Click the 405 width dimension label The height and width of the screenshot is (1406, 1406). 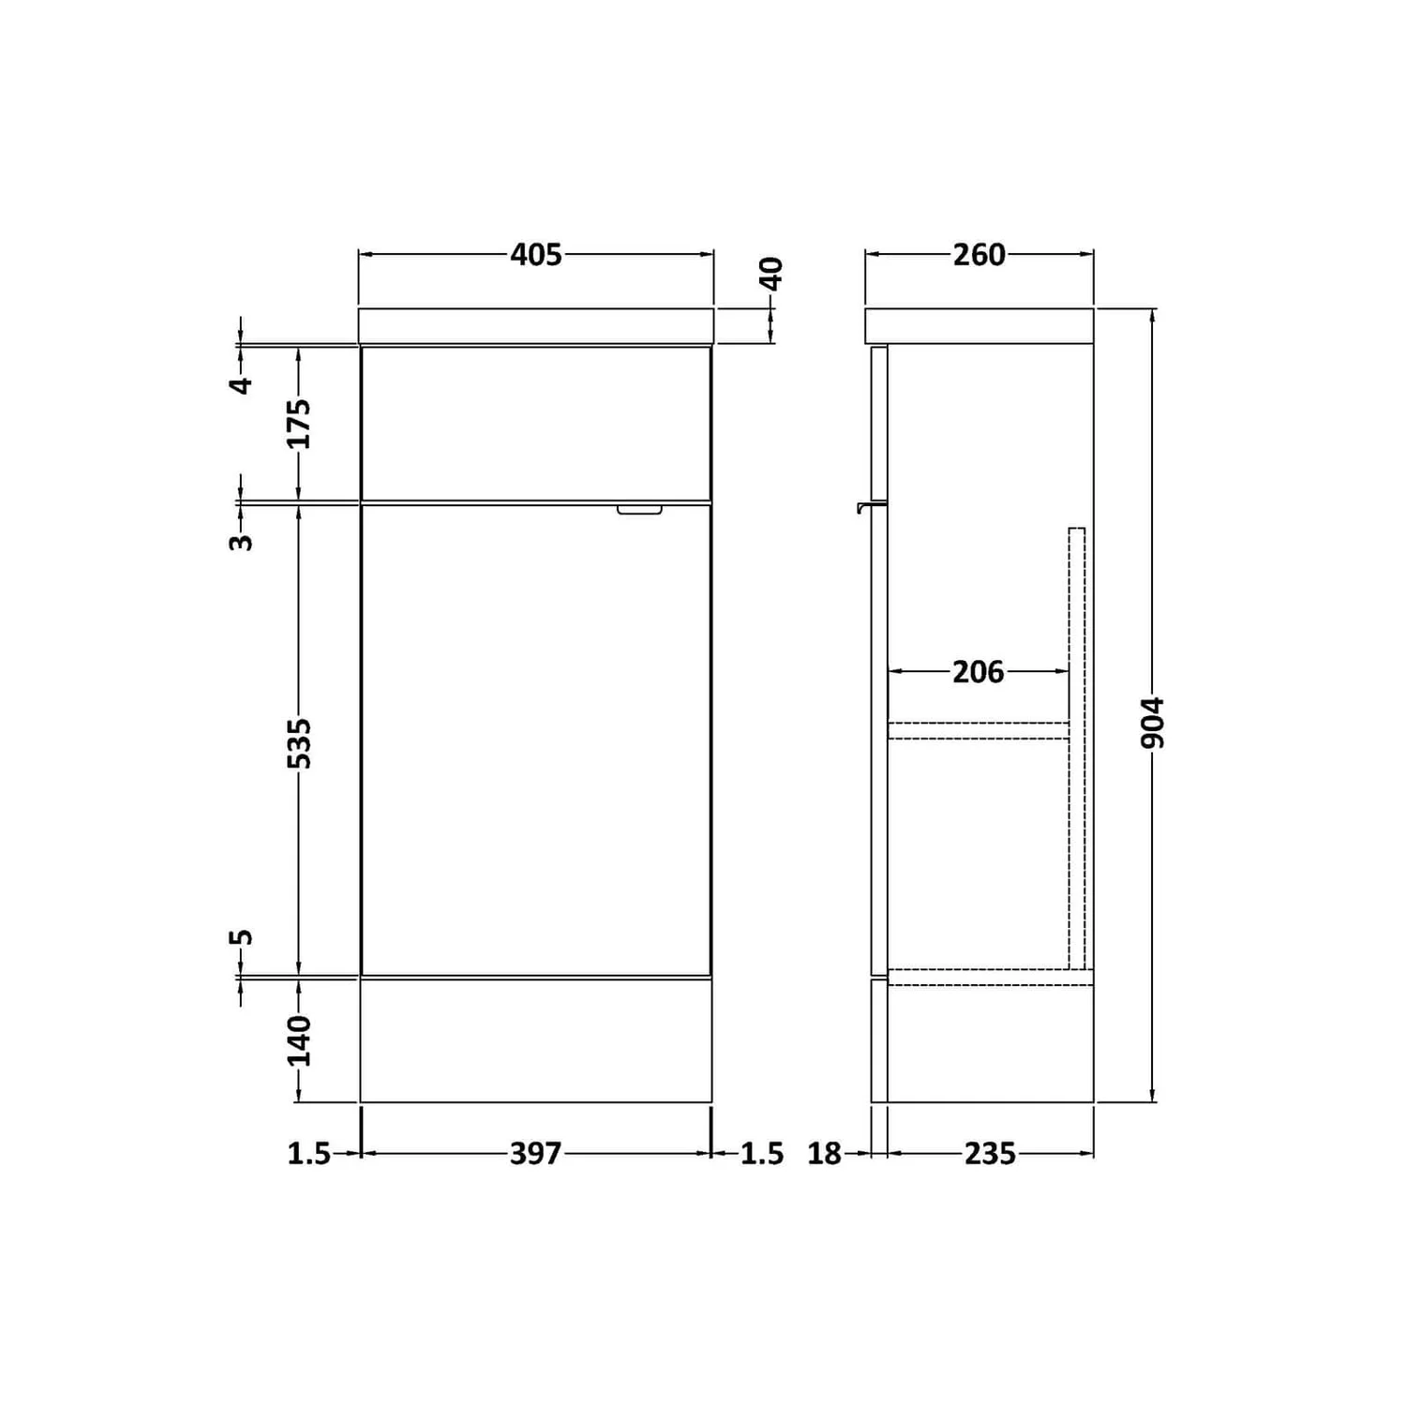(x=536, y=254)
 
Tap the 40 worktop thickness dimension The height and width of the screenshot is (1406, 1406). (x=770, y=274)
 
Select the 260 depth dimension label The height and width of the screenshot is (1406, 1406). (x=979, y=254)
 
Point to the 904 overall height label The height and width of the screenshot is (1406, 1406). (x=1153, y=722)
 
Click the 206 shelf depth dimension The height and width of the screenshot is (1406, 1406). (x=978, y=671)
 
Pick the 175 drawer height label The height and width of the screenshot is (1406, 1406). (x=299, y=424)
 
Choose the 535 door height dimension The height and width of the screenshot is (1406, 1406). (x=299, y=742)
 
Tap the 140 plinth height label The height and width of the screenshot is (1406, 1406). (x=299, y=1040)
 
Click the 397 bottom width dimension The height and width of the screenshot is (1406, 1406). (x=535, y=1153)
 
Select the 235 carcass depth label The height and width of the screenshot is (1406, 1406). (x=990, y=1153)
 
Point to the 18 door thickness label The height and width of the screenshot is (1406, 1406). (x=825, y=1153)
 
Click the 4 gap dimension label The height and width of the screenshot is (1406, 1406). (x=242, y=384)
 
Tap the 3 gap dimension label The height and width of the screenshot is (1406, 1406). (x=242, y=541)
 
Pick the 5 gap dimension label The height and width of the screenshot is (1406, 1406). (x=242, y=937)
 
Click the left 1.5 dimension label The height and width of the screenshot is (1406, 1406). (x=308, y=1153)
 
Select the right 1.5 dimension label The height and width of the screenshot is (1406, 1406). (x=762, y=1153)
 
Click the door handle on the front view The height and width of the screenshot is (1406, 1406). (x=639, y=510)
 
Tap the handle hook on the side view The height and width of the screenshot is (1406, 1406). (x=868, y=507)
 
